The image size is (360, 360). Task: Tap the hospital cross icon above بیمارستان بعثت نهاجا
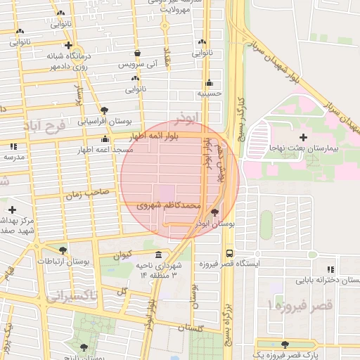pos(303,136)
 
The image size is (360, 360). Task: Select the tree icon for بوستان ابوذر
pos(214,212)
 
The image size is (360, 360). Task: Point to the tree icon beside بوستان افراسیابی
pos(105,110)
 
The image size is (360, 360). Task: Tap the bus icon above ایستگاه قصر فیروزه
pos(229,253)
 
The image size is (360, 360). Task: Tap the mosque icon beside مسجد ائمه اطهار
pos(105,148)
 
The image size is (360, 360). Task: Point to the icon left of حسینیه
pos(209,82)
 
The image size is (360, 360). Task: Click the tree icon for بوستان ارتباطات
pos(63,250)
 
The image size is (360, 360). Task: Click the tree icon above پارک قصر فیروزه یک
pos(284,345)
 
